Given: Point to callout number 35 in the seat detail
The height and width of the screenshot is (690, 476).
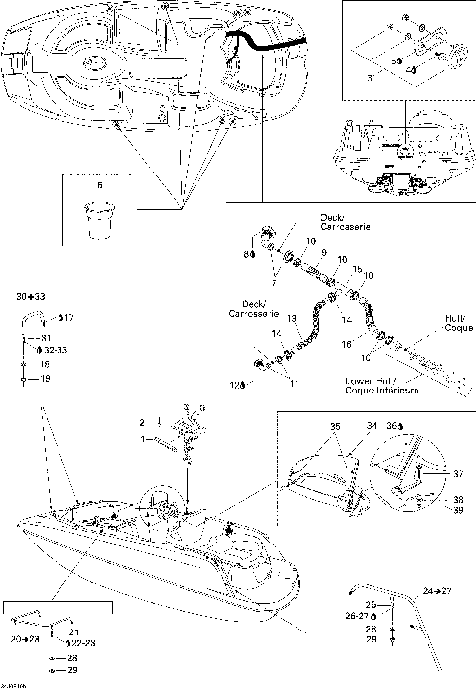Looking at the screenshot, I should [x=333, y=427].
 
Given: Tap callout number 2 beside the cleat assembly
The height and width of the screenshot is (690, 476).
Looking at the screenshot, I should [x=141, y=423].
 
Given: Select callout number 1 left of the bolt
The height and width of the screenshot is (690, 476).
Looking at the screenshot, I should [x=141, y=438].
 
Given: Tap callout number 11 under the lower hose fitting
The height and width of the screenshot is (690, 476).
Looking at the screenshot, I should [x=292, y=382].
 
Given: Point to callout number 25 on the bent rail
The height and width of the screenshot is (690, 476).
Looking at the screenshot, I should [x=371, y=604].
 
